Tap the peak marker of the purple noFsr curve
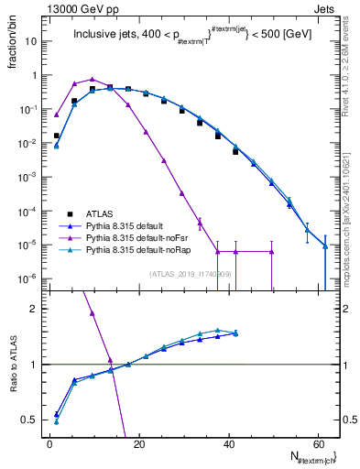click(93, 80)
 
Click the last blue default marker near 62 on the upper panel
click(324, 245)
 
